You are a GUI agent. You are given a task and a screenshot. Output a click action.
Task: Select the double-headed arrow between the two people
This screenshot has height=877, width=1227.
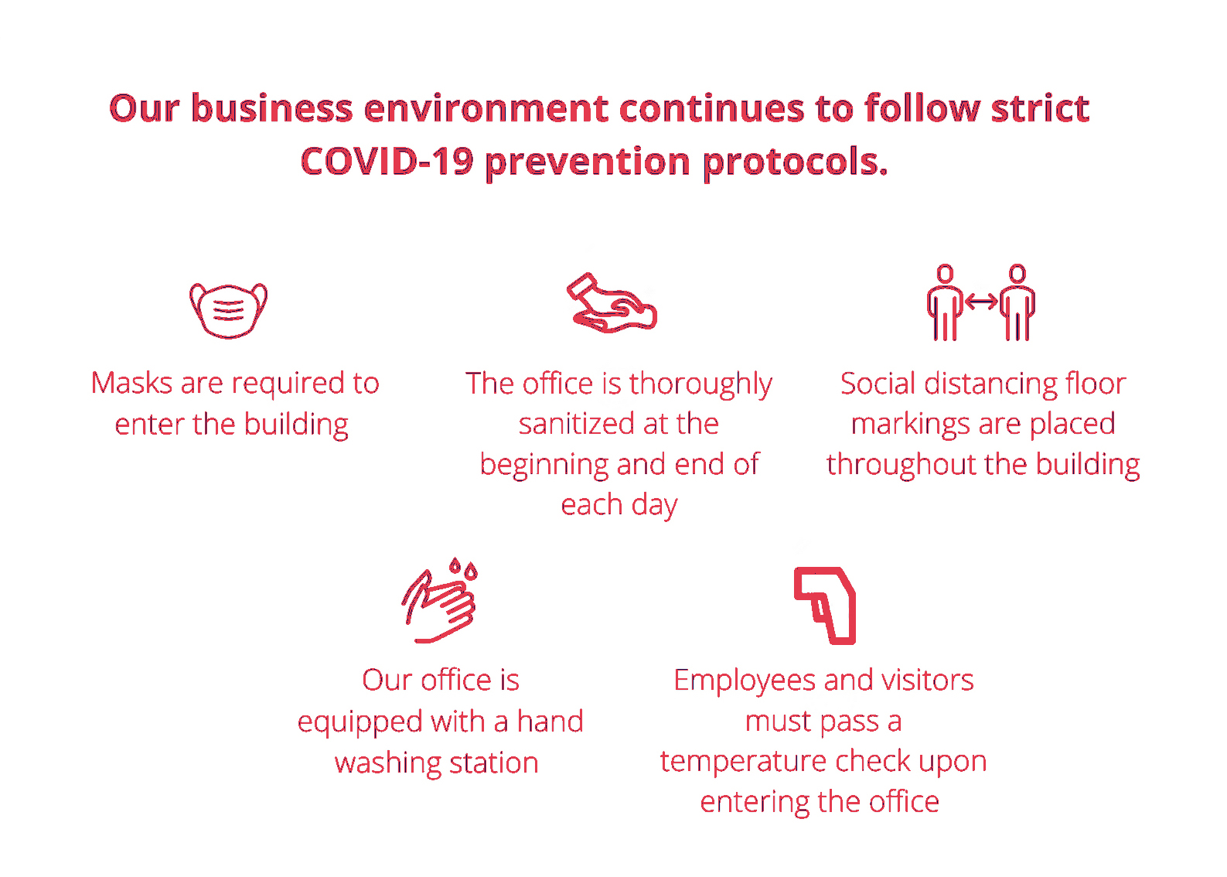(x=981, y=302)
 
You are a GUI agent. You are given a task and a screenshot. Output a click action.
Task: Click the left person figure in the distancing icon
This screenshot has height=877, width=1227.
(x=945, y=302)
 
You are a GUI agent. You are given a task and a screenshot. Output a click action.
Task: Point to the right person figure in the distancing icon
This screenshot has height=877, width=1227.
(x=1017, y=302)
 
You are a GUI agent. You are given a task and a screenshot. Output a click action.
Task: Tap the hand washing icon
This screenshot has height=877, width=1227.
(x=440, y=600)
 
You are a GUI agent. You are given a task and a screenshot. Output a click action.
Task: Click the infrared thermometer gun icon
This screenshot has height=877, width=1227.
(x=825, y=606)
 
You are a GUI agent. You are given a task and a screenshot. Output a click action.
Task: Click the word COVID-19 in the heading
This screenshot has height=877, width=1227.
(x=387, y=162)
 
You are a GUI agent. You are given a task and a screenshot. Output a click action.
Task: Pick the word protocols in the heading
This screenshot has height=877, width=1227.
(x=795, y=164)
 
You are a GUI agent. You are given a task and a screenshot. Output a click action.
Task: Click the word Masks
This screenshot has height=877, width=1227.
(x=132, y=382)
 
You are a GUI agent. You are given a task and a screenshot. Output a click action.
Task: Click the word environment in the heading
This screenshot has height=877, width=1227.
(x=486, y=108)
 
